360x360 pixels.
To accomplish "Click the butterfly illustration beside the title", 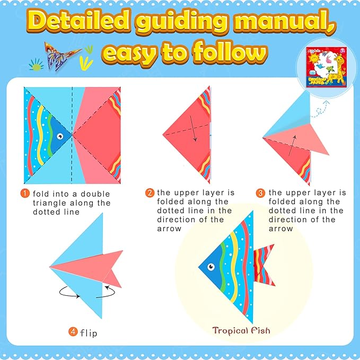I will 61,54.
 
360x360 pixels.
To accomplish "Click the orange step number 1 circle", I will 25,194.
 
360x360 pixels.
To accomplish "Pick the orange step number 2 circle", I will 150,194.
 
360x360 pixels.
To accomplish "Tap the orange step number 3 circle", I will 260,194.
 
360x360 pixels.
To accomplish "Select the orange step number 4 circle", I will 73,333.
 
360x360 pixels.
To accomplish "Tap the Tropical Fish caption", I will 241,331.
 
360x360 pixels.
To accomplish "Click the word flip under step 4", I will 89,333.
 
